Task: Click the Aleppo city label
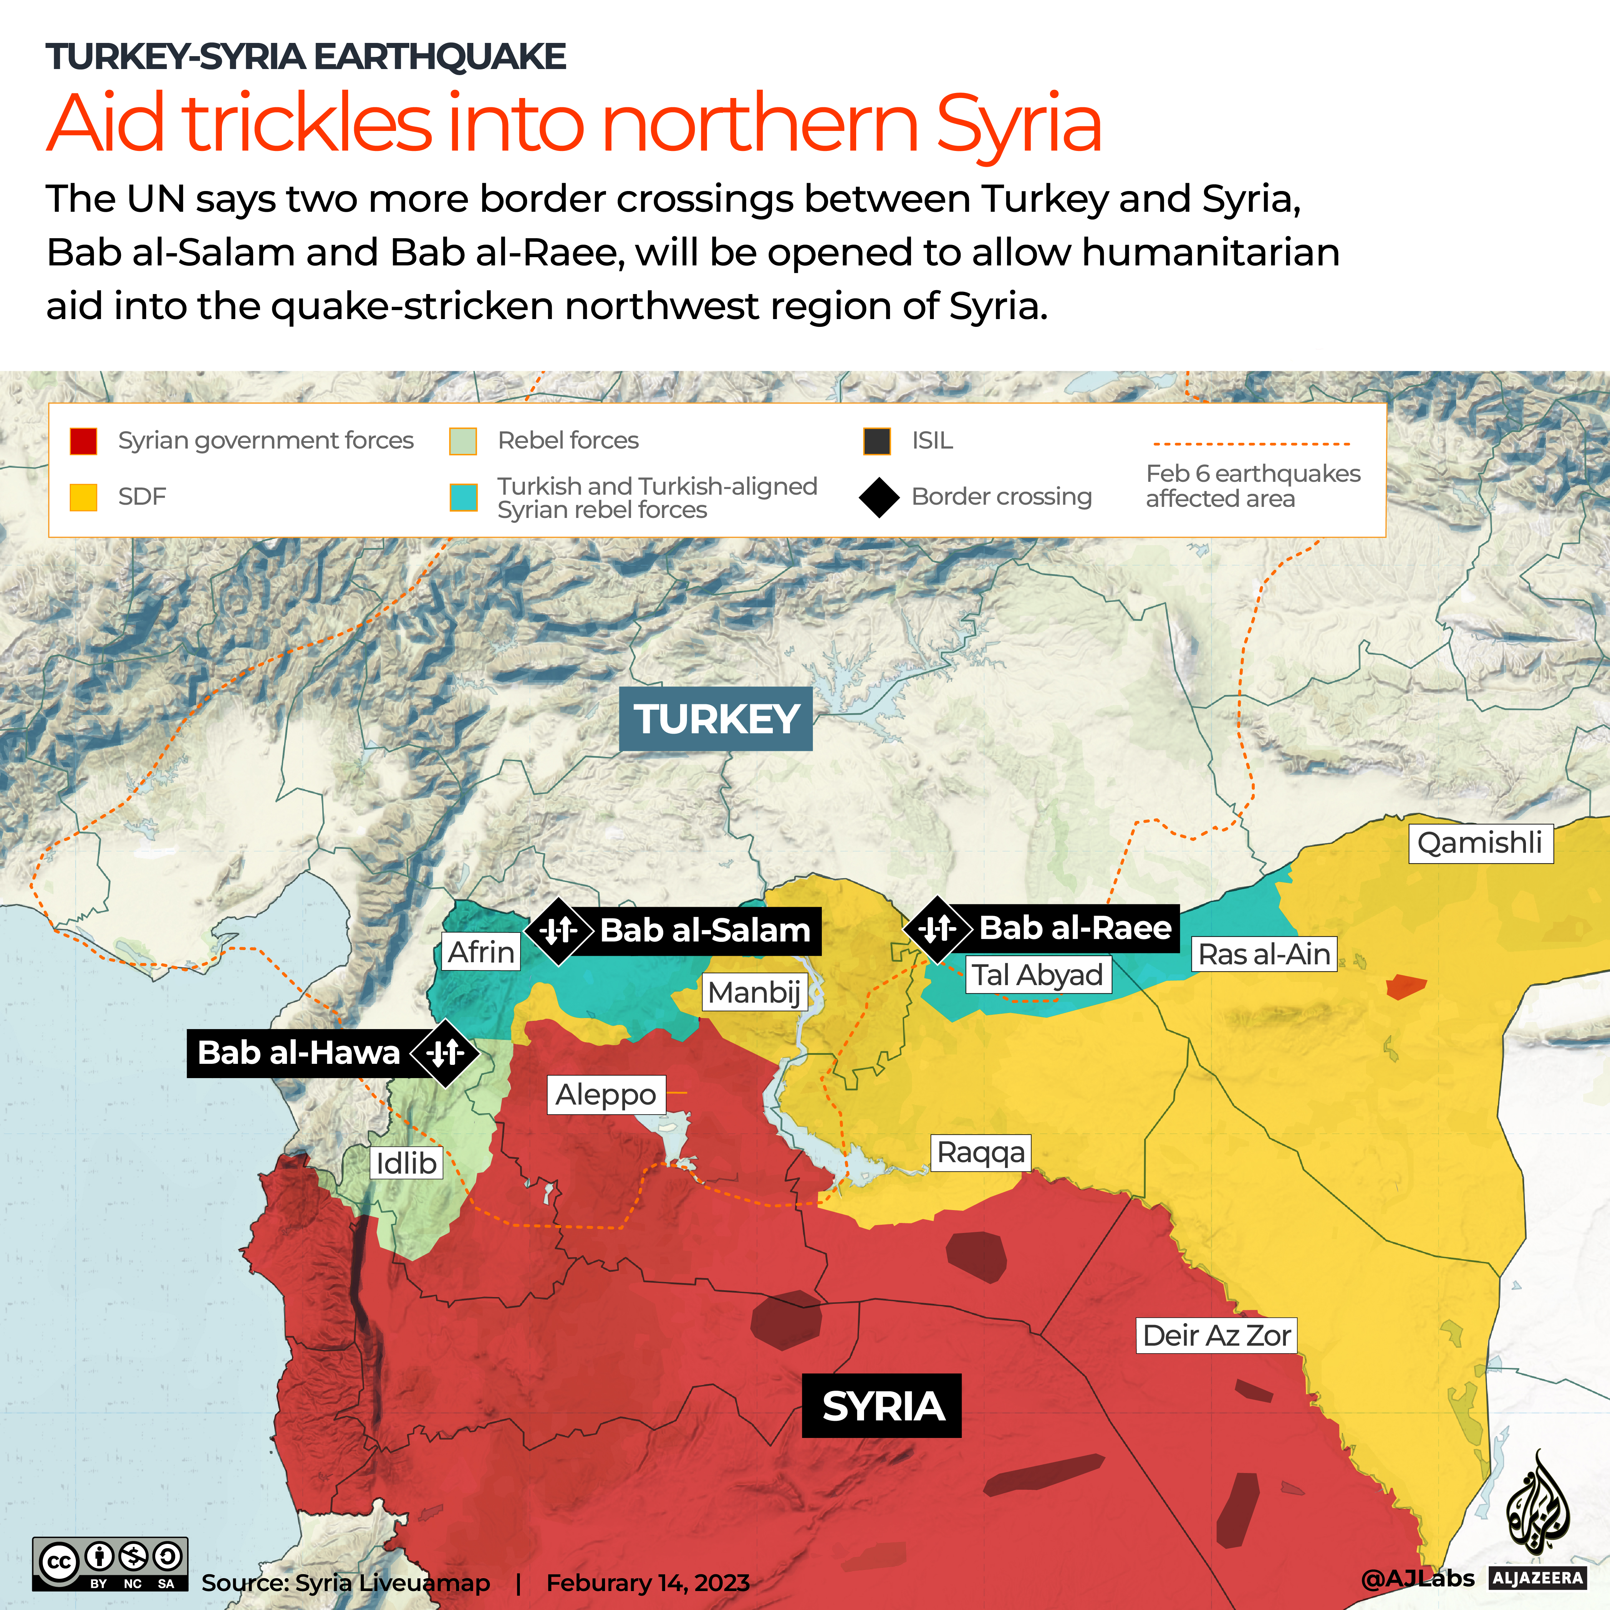click(606, 1094)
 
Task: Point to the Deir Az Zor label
click(1217, 1335)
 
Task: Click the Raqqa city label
click(980, 1153)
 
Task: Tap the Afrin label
click(481, 952)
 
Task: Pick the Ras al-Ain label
click(1263, 954)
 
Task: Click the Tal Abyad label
click(1038, 974)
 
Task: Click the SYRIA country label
click(882, 1406)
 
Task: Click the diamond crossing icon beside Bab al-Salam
click(558, 930)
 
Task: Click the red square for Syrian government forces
click(83, 441)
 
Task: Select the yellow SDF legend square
click(83, 497)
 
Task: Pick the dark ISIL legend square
click(877, 441)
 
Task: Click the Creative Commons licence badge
click(110, 1564)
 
